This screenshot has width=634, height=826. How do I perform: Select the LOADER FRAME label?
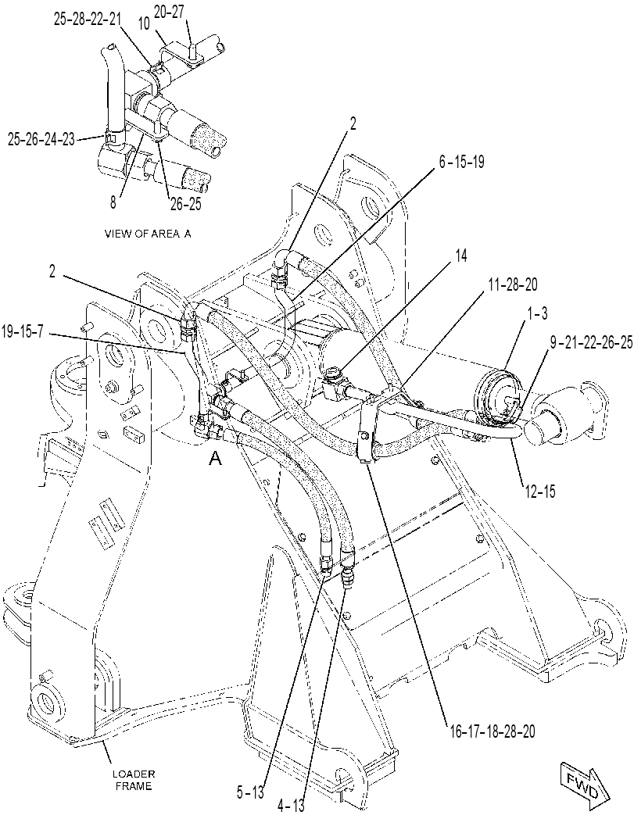(x=134, y=780)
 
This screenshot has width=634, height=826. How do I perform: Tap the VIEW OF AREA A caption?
(x=148, y=234)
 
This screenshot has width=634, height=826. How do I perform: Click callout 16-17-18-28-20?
(x=493, y=731)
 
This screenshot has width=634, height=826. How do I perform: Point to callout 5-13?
(x=250, y=792)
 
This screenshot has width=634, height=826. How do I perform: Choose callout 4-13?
(x=290, y=806)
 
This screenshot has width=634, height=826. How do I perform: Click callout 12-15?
(x=541, y=492)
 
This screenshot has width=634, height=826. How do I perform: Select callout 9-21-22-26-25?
(x=591, y=344)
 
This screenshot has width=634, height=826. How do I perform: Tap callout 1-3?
(x=536, y=314)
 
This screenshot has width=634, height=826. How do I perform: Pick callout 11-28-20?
(x=512, y=285)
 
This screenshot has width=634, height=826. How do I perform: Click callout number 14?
(x=460, y=256)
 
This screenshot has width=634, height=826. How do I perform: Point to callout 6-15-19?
(x=462, y=162)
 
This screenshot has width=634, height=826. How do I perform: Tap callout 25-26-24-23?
(x=41, y=139)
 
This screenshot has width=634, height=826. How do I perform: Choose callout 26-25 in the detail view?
(x=184, y=204)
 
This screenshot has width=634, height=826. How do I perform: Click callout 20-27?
(x=170, y=12)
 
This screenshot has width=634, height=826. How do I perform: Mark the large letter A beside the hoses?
(x=215, y=459)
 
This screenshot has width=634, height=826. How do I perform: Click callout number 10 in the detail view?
(x=144, y=23)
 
